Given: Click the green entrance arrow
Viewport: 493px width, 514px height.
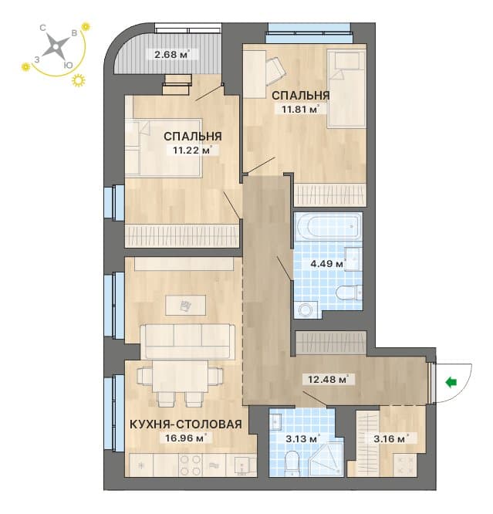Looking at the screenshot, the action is (x=451, y=382).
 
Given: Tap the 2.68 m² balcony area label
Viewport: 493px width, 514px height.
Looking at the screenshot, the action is (x=172, y=54).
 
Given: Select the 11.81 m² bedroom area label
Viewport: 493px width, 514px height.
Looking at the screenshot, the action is (x=300, y=109).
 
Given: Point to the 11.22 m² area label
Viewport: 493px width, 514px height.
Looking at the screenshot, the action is (x=192, y=150).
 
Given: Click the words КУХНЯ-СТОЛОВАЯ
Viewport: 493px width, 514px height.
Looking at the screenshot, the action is (x=186, y=424).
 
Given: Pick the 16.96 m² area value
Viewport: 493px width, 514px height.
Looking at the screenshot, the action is (x=186, y=438).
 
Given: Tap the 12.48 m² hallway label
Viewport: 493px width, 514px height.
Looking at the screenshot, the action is (x=328, y=379).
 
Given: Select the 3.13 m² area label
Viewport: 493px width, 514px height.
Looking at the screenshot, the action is (x=302, y=438).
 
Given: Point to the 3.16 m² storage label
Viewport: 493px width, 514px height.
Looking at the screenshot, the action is (x=390, y=438).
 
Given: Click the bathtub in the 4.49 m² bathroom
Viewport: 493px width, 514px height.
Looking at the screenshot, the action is (x=328, y=226).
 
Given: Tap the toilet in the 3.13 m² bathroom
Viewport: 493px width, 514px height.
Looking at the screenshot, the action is (x=291, y=463).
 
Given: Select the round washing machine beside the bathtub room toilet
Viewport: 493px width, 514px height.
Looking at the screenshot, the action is (x=306, y=309).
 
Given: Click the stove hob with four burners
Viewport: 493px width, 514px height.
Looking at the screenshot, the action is (x=191, y=465).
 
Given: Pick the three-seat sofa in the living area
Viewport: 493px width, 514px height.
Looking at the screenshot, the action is (x=187, y=342).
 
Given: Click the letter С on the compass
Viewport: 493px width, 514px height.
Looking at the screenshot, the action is (x=42, y=28).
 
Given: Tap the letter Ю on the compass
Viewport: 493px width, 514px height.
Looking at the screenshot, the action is (x=68, y=66).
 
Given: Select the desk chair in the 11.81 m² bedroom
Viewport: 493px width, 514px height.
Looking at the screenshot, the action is (x=275, y=70).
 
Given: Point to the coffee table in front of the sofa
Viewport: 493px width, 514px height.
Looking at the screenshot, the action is (x=185, y=305).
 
